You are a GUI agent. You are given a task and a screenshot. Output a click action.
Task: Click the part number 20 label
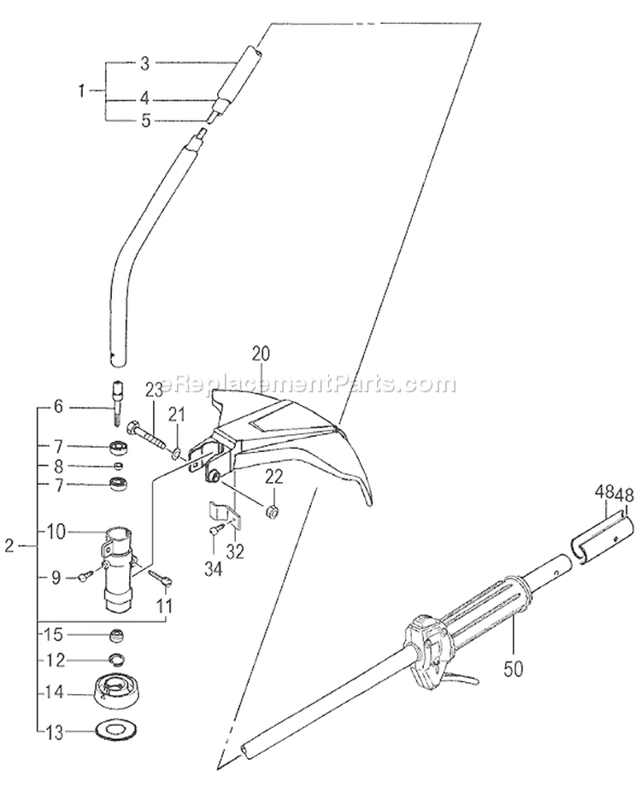click(261, 355)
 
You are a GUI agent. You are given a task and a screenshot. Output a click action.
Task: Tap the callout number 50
click(514, 668)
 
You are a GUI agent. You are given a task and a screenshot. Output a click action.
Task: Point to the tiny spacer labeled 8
click(116, 465)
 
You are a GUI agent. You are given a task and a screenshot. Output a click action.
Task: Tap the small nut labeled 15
click(117, 635)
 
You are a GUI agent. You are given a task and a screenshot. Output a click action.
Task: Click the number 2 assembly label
click(9, 546)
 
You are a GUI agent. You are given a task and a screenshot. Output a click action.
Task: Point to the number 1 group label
click(82, 91)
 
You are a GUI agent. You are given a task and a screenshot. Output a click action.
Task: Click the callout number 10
click(57, 532)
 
